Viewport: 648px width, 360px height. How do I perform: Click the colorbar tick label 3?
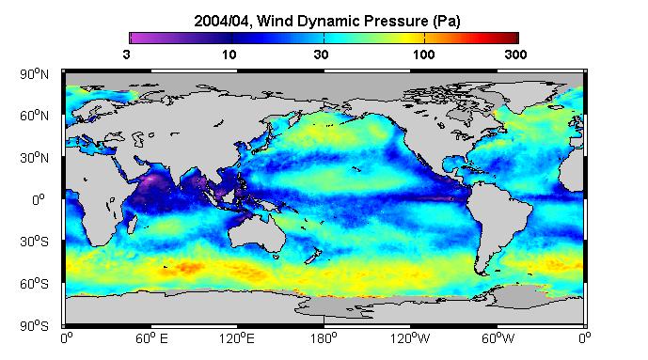click(x=126, y=55)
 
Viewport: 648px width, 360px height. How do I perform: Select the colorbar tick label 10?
click(x=229, y=55)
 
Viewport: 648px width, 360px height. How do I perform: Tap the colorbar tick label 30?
click(x=321, y=55)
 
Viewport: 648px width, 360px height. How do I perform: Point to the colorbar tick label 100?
click(x=423, y=55)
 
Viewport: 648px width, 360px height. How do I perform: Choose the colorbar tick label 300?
click(x=515, y=55)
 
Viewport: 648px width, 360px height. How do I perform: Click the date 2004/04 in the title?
click(x=222, y=21)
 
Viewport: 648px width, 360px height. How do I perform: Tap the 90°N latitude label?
click(x=34, y=74)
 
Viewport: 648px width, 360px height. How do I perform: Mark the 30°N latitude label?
click(x=34, y=158)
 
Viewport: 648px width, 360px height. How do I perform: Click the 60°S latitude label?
click(x=34, y=284)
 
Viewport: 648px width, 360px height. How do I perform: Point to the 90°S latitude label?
click(x=34, y=326)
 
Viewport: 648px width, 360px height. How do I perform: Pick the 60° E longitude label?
click(x=151, y=338)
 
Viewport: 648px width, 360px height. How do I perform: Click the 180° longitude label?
click(x=324, y=338)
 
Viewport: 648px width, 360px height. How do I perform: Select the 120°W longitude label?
click(x=410, y=338)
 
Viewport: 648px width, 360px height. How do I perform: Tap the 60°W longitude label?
click(x=498, y=338)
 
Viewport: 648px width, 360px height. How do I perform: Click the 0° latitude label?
click(x=40, y=200)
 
